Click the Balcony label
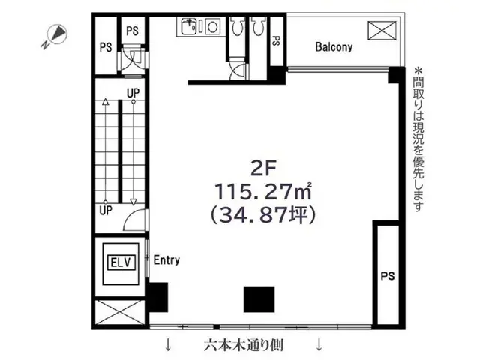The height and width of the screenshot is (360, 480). click(x=334, y=46)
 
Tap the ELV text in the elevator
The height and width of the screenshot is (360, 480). click(x=121, y=262)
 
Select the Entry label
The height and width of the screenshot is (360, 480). click(x=166, y=260)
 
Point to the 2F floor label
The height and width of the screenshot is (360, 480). click(x=263, y=168)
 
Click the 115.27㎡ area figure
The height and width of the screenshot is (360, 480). click(x=263, y=191)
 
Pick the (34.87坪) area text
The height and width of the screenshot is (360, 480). click(x=263, y=214)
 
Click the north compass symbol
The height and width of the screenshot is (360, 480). click(x=55, y=36)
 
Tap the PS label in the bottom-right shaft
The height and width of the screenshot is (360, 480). click(x=388, y=276)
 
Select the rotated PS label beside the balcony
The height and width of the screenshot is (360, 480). click(x=277, y=41)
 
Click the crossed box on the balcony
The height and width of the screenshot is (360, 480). click(x=382, y=30)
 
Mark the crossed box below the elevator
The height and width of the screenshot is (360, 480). click(x=120, y=312)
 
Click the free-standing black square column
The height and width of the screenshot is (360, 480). click(x=259, y=299)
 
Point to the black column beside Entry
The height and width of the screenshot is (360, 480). click(x=158, y=297)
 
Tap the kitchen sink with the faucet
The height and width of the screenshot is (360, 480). click(x=189, y=26)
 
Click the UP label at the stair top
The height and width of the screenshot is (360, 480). click(x=133, y=93)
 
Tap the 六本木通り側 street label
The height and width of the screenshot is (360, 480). click(x=244, y=345)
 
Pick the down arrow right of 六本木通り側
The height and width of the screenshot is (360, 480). click(x=319, y=344)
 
